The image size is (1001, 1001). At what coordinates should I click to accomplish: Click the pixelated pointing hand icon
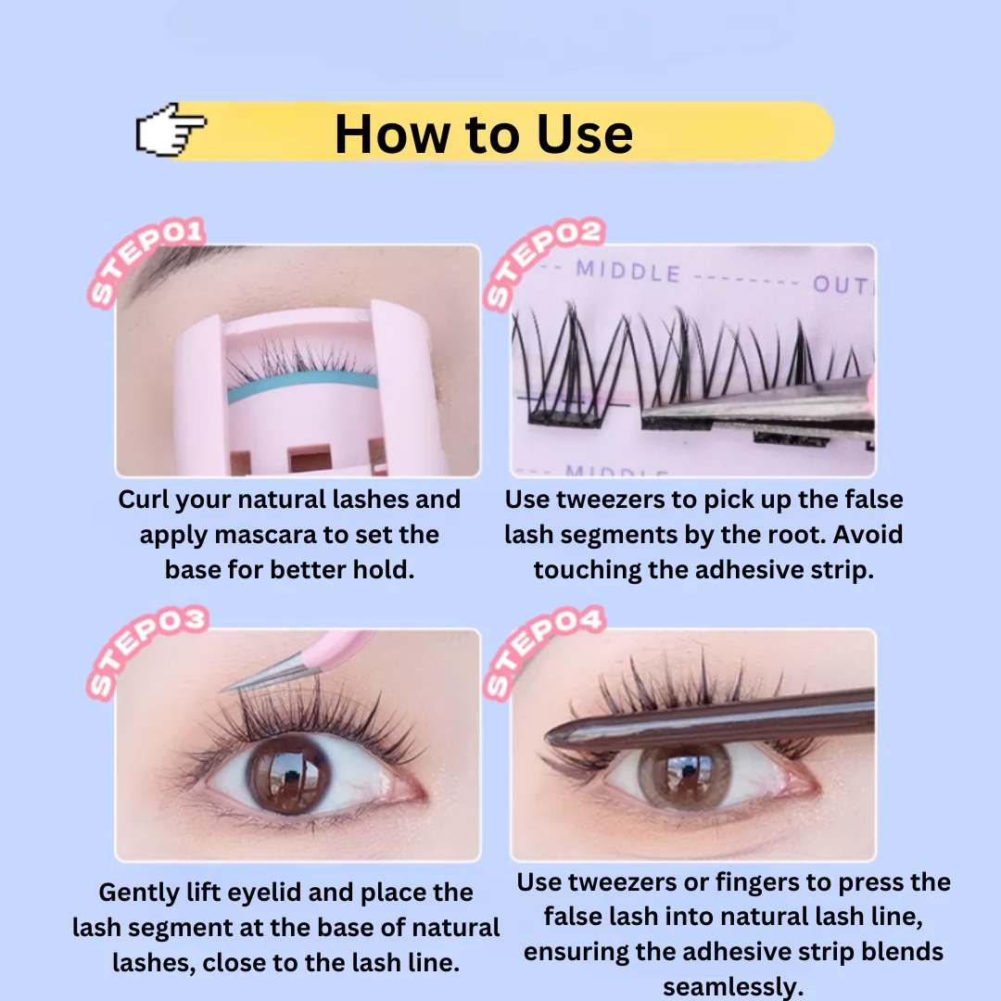click(171, 130)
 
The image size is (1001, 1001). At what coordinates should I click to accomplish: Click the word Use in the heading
click(585, 134)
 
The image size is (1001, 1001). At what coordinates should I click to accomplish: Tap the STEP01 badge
click(146, 261)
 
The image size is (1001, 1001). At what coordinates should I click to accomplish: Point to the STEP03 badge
click(147, 652)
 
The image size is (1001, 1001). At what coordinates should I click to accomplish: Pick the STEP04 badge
click(544, 652)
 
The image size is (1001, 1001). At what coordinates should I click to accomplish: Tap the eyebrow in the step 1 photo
click(172, 265)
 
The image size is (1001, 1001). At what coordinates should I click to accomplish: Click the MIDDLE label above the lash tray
click(628, 272)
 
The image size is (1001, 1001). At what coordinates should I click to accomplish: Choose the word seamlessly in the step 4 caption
click(732, 987)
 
